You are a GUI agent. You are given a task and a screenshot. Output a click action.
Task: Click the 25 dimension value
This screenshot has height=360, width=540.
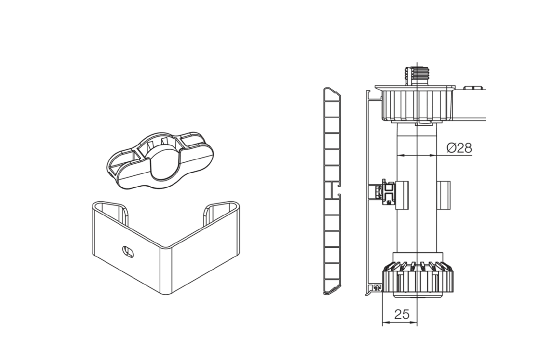tap(402, 314)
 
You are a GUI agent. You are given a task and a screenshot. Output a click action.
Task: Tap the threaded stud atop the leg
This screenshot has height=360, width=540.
tap(417, 76)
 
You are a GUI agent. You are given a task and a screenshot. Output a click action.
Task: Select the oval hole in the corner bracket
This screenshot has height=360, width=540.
tap(129, 251)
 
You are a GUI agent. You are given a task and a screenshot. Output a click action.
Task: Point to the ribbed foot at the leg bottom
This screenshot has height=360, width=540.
tap(417, 279)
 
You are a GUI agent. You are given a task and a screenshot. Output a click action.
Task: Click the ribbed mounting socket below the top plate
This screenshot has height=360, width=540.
tap(417, 105)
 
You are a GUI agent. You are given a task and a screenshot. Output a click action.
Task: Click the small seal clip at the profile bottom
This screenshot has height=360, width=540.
tap(377, 288)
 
